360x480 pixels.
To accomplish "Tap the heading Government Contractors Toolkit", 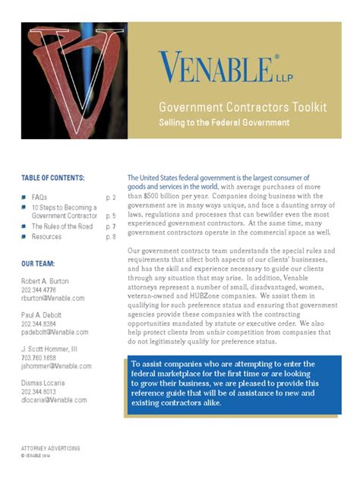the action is (x=242, y=108).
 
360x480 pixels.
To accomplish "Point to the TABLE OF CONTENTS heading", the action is (x=52, y=178).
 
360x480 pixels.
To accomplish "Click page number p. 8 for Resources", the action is (x=110, y=237).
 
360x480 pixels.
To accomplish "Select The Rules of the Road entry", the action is (x=62, y=226).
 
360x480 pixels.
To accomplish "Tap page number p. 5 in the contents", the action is (x=110, y=216).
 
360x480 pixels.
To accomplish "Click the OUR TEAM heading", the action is (x=37, y=264).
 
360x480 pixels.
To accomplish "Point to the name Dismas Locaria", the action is (x=45, y=383).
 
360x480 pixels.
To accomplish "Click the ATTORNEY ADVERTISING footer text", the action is (x=50, y=448).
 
